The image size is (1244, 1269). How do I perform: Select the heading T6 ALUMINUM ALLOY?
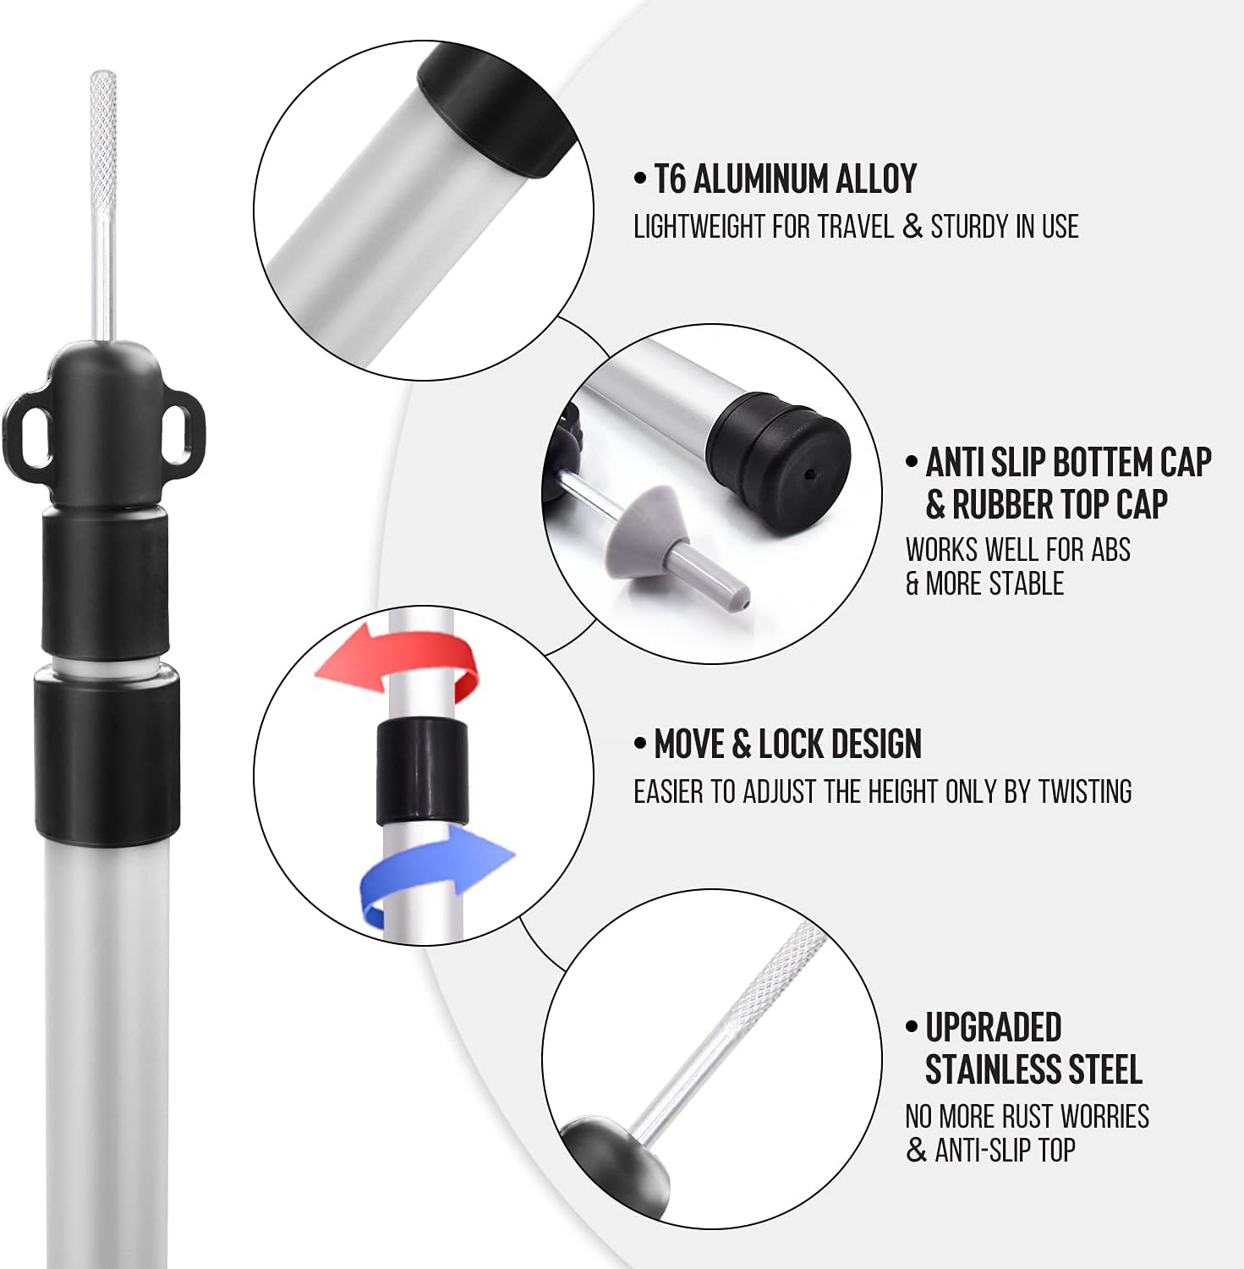point(785,179)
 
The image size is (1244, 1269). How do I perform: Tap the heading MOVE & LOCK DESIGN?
point(787,744)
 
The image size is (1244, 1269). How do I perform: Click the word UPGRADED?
point(993,1028)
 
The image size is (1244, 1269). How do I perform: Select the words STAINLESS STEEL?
point(1033,1069)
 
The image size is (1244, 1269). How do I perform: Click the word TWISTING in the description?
point(1084,792)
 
